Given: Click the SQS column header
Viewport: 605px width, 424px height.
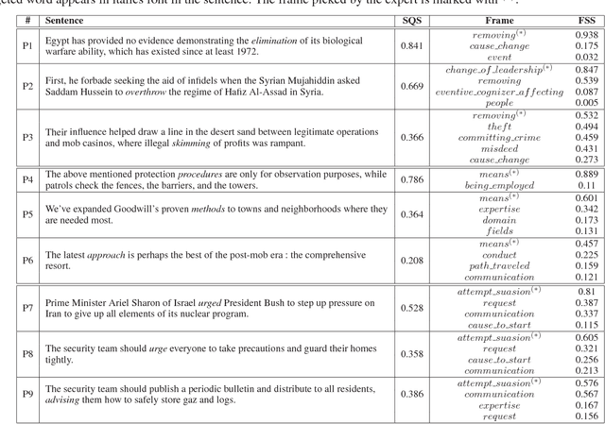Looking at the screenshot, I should coord(413,19).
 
